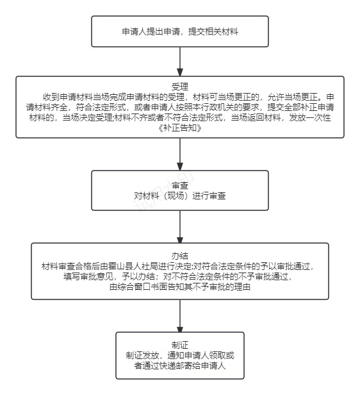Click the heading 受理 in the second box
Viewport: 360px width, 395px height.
tap(179, 87)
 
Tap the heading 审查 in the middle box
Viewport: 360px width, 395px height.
tap(179, 185)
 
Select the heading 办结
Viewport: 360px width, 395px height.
tap(179, 256)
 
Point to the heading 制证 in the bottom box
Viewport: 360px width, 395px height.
tap(179, 345)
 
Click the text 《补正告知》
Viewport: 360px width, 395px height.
tap(179, 128)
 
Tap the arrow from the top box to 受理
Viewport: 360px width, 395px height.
tap(180, 62)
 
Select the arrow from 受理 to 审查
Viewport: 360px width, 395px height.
tap(180, 154)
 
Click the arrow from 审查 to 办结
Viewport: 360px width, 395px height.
tap(180, 227)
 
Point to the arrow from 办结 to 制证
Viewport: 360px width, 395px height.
tap(180, 316)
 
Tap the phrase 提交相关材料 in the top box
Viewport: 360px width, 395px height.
tap(213, 32)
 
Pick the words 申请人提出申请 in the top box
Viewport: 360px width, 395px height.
tap(151, 32)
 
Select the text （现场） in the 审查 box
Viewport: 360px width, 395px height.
tap(176, 196)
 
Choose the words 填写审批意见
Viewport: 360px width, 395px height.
tap(88, 276)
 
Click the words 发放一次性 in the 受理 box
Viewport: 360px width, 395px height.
tap(309, 117)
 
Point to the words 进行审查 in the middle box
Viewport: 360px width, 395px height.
tap(209, 196)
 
